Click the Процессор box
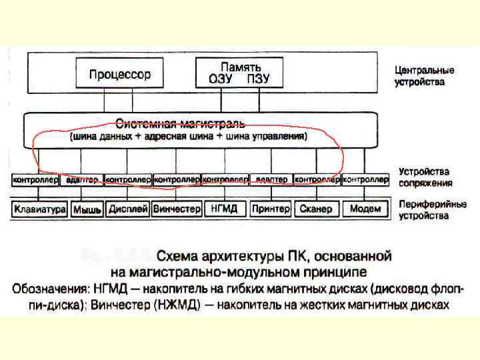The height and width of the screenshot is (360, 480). click(x=120, y=74)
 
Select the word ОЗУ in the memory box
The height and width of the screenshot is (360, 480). click(x=221, y=79)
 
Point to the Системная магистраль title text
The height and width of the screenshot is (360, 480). click(x=181, y=124)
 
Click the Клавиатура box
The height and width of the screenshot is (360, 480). click(x=39, y=209)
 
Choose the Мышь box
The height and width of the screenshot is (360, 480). click(x=87, y=209)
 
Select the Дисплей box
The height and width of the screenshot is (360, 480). click(x=127, y=209)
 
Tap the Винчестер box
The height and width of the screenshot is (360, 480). click(x=176, y=209)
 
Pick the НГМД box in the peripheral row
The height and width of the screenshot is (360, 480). click(x=225, y=209)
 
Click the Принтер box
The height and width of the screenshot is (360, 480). click(x=271, y=209)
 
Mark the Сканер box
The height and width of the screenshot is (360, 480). click(x=316, y=209)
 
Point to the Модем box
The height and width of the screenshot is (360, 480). click(x=365, y=209)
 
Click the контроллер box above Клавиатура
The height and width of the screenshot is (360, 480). click(x=37, y=180)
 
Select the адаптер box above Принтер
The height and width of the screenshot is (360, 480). click(x=271, y=180)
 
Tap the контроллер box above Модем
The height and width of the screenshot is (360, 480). click(x=365, y=180)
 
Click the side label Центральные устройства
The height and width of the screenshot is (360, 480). click(x=424, y=76)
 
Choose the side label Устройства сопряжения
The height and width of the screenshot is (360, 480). click(x=425, y=177)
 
